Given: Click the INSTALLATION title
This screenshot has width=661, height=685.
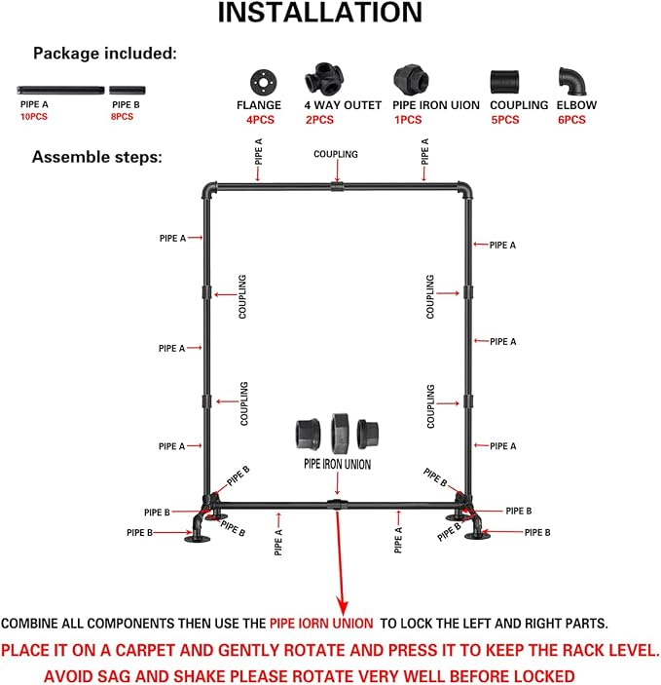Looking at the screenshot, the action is coord(320,13).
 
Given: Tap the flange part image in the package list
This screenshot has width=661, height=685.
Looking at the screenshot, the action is coord(263,82).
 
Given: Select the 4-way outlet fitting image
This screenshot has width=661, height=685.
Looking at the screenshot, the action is coord(324,78).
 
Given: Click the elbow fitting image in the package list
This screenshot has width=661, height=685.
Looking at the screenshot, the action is coord(572,81).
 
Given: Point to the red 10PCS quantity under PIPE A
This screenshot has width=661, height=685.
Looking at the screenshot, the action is coord(34,117).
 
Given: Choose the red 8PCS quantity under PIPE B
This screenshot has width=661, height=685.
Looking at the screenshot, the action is coord(122,117).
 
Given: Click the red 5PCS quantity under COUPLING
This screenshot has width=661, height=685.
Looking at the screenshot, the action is coord(505,120).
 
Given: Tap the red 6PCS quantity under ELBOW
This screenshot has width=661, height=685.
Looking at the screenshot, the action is coord(571,120).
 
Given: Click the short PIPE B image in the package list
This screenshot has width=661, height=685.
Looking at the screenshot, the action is coord(128,90).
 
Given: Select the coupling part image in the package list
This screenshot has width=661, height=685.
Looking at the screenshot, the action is coord(504,82).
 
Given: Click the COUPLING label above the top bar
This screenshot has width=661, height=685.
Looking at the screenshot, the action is coord(336,154).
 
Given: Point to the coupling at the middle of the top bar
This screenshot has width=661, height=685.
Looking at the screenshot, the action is coord(337,187).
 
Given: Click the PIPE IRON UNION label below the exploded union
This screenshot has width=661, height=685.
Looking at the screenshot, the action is coord(338,464).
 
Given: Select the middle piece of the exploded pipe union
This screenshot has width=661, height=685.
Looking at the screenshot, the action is coord(339,434).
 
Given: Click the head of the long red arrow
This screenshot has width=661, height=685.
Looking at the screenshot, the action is coord(343,608).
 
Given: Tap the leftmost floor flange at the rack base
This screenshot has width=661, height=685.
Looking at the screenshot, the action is coord(197,539).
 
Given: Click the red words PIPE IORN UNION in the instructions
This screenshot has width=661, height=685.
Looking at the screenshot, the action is coord(321,624).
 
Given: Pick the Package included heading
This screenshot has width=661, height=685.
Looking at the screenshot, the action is coord(105,54).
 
